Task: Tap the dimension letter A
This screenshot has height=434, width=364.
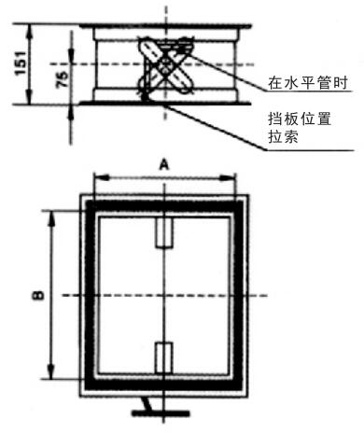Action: coord(164,163)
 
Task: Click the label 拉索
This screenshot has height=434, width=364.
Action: coord(281,139)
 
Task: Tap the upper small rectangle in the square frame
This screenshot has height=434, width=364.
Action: coord(164,233)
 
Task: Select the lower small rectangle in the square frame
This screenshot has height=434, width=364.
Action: coord(164,357)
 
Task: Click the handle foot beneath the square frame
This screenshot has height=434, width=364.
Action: coord(147,407)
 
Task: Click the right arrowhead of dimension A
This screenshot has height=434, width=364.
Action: coord(230,176)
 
